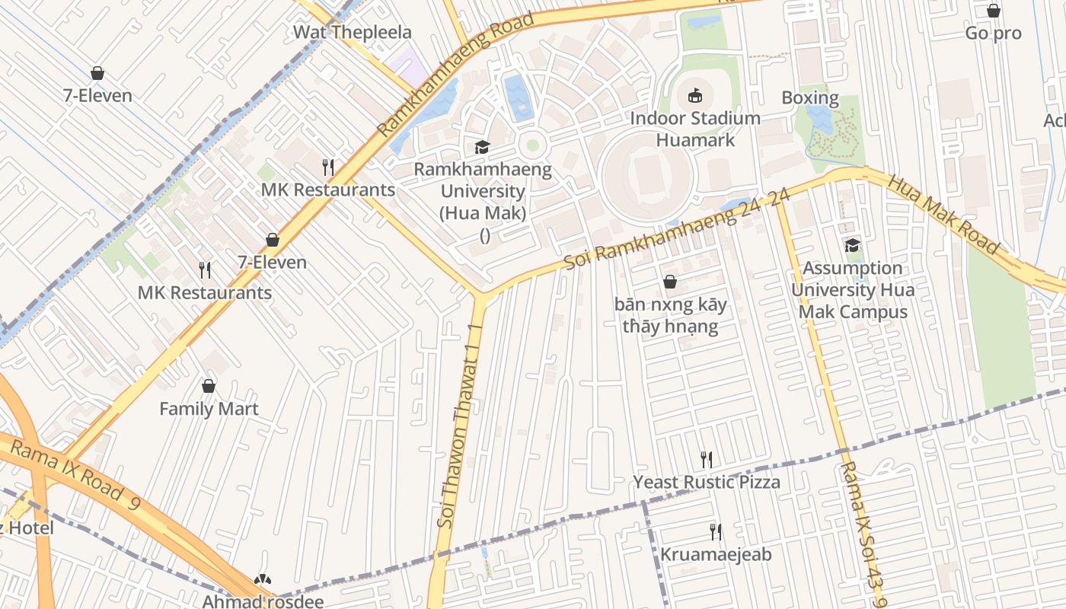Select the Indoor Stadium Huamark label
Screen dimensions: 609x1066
[x=695, y=129]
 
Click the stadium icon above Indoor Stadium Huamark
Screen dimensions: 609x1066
[x=695, y=95]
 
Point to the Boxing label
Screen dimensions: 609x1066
[x=810, y=98]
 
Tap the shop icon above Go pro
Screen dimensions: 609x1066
[x=993, y=11]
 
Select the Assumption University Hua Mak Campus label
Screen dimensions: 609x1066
[x=852, y=290]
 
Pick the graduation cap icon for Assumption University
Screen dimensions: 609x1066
[x=852, y=245]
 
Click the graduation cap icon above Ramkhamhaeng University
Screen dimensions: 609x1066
[x=482, y=146]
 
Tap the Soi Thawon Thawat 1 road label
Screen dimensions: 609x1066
[x=459, y=426]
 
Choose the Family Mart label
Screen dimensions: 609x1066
[x=209, y=409]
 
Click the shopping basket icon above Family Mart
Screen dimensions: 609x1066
[x=209, y=386]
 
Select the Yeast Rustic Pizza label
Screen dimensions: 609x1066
[x=707, y=483]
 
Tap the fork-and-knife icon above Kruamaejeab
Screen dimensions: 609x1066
[x=715, y=531]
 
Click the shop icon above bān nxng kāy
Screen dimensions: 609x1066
[x=670, y=282]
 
